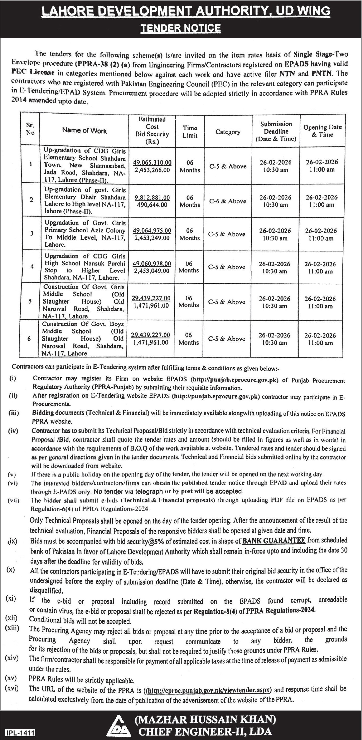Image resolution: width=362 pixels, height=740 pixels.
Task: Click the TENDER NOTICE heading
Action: tap(181, 28)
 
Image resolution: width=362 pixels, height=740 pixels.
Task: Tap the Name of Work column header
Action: tap(84, 130)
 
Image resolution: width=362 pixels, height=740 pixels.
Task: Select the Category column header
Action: tap(228, 132)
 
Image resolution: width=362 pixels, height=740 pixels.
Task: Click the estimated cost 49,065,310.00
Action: tap(152, 162)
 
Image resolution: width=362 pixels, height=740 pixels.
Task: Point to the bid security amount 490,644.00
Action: tap(152, 205)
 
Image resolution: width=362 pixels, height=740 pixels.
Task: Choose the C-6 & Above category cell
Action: tap(228, 201)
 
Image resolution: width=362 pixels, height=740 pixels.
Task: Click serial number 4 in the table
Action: tap(32, 266)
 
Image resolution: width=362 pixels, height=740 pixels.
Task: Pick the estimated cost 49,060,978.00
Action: tap(152, 263)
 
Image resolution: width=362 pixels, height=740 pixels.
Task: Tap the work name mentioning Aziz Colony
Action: tap(85, 234)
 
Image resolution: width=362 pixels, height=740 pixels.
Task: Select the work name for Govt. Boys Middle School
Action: tap(83, 338)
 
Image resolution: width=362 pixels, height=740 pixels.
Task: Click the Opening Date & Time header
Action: tap(322, 131)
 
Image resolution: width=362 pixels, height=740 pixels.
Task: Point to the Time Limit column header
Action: tap(190, 132)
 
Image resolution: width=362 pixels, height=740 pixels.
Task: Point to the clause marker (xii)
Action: tap(11, 618)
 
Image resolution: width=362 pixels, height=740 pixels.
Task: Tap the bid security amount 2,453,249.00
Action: tap(151, 238)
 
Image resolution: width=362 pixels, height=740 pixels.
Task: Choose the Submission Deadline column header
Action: tap(276, 131)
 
